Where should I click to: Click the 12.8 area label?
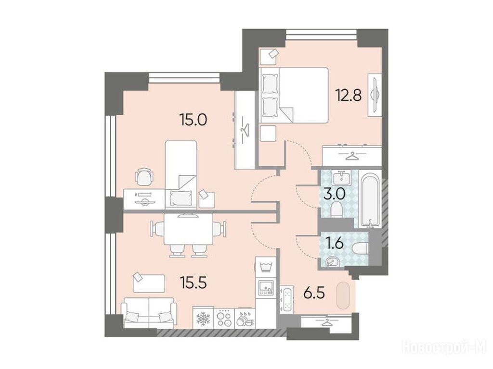click(x=349, y=95)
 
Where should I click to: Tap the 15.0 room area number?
click(x=193, y=120)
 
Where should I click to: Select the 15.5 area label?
click(x=193, y=283)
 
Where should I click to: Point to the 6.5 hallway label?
click(x=314, y=294)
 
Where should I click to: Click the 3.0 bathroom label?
click(x=334, y=194)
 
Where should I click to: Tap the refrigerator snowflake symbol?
click(x=203, y=318)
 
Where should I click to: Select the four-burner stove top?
click(x=224, y=318)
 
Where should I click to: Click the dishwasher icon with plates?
click(x=245, y=319)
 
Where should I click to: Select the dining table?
click(x=188, y=229)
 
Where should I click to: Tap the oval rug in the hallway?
click(x=343, y=295)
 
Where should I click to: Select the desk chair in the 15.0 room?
click(x=144, y=177)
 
